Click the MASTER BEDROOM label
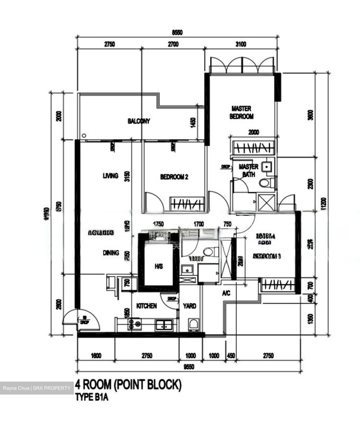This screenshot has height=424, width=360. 241,112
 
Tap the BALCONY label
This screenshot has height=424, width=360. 139,121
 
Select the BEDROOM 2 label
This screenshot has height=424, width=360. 174,177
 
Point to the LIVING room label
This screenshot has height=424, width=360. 111,176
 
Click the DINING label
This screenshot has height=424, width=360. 111,253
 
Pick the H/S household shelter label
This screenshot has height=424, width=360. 159,266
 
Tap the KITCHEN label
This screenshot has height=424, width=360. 146,306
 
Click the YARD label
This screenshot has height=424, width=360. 189,306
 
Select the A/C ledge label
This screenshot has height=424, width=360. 226,293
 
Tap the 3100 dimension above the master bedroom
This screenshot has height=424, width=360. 241,44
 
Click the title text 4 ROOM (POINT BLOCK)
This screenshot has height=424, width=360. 128,385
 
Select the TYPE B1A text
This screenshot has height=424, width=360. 92,397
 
